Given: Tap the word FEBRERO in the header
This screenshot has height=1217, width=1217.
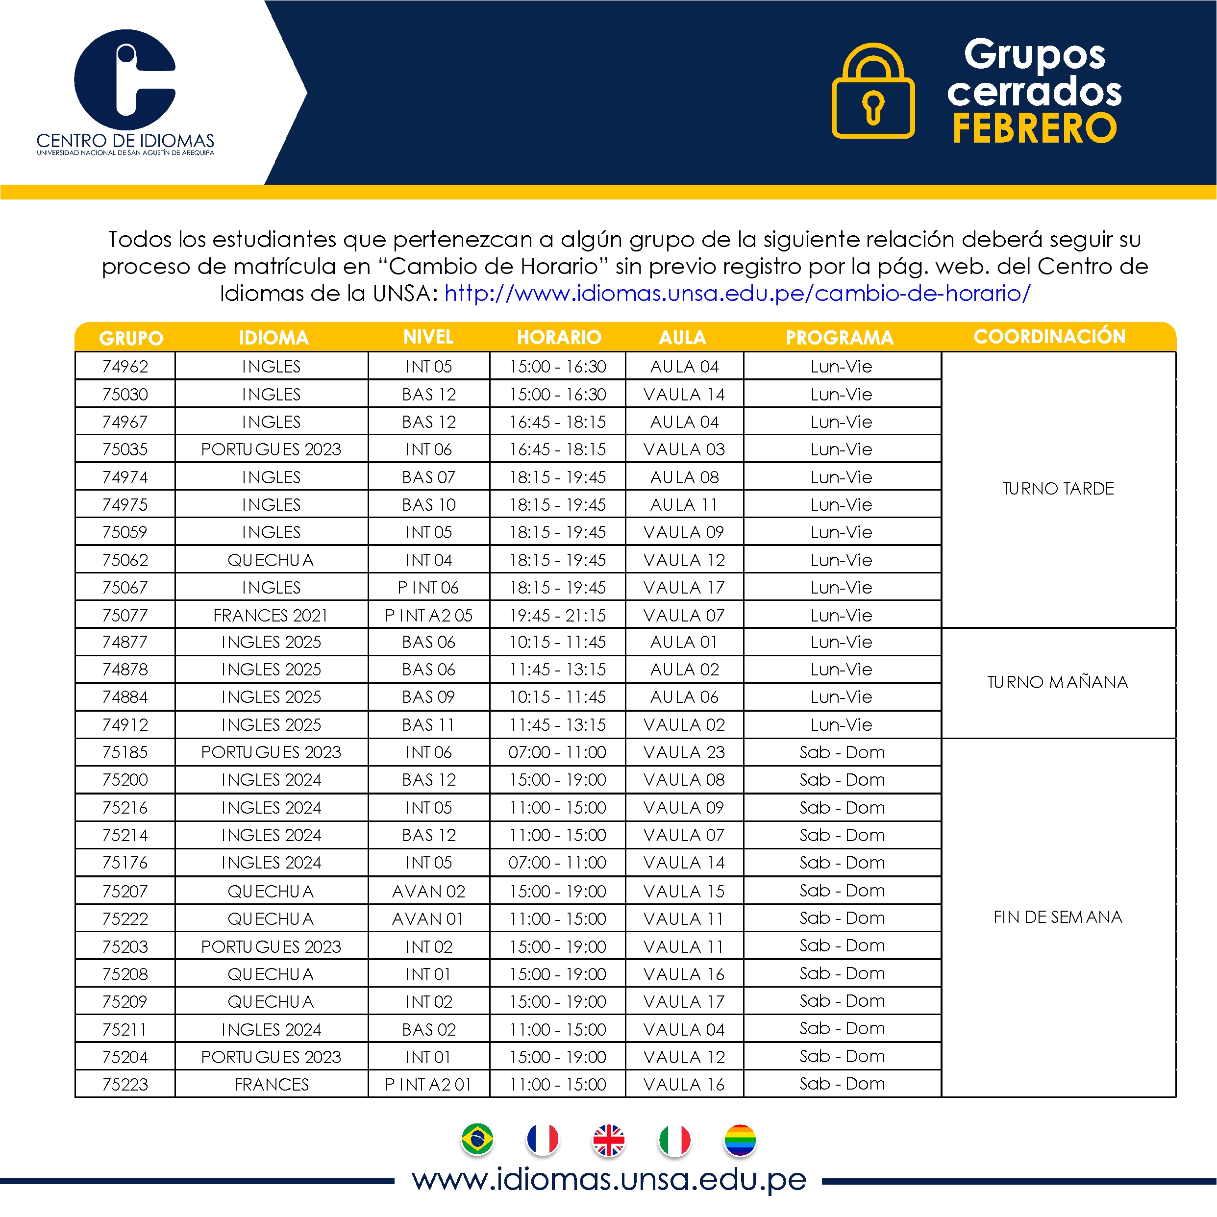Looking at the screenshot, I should click(x=1034, y=128).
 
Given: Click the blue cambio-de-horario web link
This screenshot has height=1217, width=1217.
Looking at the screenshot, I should click(x=737, y=294).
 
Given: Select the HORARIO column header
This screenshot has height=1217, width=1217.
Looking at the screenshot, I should click(x=559, y=338).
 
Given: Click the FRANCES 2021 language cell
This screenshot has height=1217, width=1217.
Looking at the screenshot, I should click(x=271, y=616).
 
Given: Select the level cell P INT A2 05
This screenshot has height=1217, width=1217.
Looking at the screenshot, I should click(x=428, y=616).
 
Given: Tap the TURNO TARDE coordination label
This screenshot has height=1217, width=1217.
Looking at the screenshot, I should click(x=1058, y=489).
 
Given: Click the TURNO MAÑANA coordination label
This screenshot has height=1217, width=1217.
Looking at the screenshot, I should click(x=1057, y=682).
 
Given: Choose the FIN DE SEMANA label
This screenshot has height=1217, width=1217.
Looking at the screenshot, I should click(x=1057, y=917).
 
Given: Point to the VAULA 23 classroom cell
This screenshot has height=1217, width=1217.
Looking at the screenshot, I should click(x=684, y=752).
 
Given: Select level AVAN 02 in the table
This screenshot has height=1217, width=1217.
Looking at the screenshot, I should click(x=428, y=892).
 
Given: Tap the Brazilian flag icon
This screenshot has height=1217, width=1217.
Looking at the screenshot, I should click(x=477, y=1140).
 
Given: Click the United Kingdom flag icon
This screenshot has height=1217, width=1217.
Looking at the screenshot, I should click(x=609, y=1141).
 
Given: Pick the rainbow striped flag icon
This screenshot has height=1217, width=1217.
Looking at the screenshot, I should click(x=740, y=1141).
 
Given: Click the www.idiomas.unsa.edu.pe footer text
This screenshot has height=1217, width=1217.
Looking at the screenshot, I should click(x=609, y=1179).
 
